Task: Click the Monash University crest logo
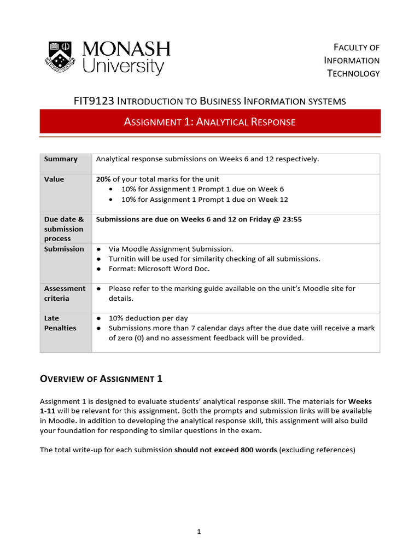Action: pos(61,56)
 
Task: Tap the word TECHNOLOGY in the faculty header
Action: pos(353,73)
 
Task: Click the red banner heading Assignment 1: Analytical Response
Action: pos(209,122)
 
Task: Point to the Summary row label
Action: pos(61,159)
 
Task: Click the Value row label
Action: pos(54,179)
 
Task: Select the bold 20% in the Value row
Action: pos(103,179)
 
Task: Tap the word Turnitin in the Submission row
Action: pos(124,259)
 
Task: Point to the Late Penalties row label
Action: pos(60,323)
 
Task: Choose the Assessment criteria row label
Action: pos(65,293)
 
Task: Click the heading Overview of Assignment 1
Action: pos(101,379)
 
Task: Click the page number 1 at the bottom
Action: pos(199,532)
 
